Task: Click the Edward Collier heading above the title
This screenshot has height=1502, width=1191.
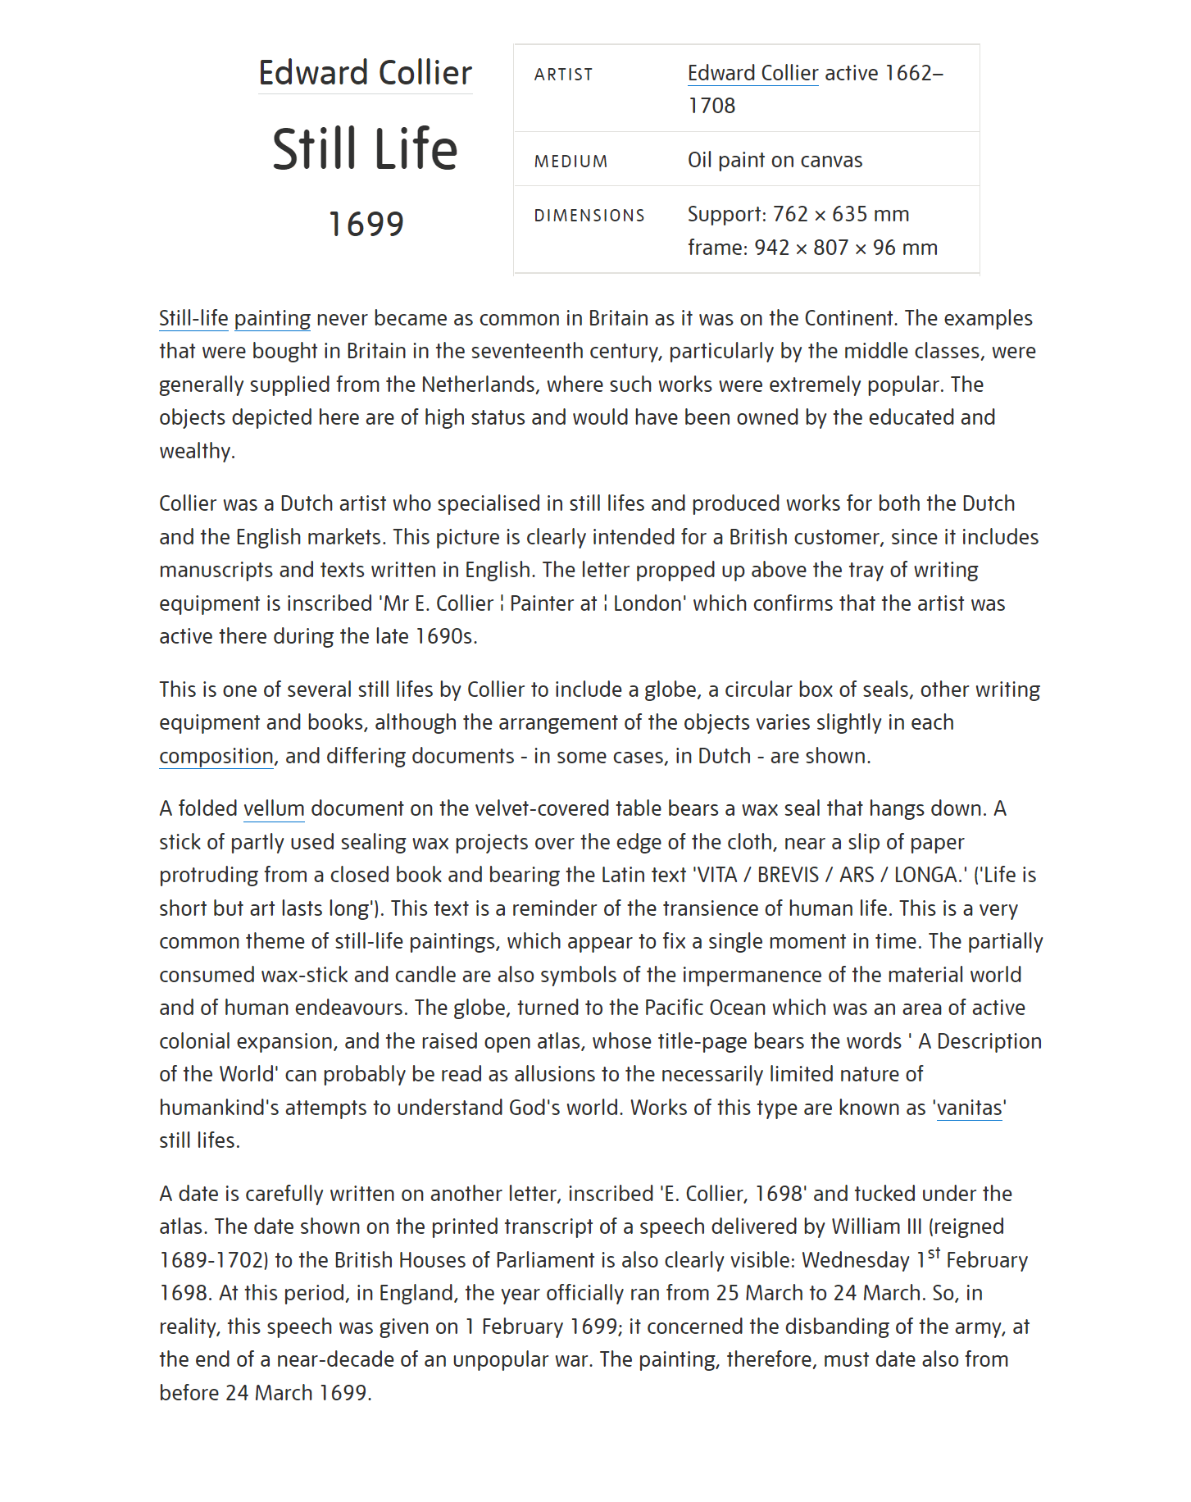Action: click(365, 74)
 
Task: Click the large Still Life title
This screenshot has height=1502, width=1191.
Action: click(365, 149)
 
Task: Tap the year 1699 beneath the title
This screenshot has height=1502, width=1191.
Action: click(366, 224)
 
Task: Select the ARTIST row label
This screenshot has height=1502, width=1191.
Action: click(563, 75)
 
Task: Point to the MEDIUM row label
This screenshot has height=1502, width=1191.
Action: click(570, 162)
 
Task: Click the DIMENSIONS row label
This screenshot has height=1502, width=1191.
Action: click(589, 216)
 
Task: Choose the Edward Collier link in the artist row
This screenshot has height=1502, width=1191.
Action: click(752, 73)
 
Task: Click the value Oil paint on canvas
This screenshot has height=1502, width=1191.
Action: click(775, 160)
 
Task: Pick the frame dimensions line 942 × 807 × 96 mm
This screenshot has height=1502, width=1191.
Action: click(812, 248)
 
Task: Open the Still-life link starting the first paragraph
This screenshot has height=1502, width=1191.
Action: click(193, 318)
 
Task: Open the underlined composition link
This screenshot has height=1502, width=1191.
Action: click(216, 756)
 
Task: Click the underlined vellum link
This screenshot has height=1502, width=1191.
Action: click(274, 808)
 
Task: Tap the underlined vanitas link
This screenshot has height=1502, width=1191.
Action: click(969, 1108)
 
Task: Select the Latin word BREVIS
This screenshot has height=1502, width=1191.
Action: click(788, 875)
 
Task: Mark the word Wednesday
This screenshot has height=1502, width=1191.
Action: click(855, 1260)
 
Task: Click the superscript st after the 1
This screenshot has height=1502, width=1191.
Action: click(934, 1253)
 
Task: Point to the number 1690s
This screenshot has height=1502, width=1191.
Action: click(443, 636)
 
